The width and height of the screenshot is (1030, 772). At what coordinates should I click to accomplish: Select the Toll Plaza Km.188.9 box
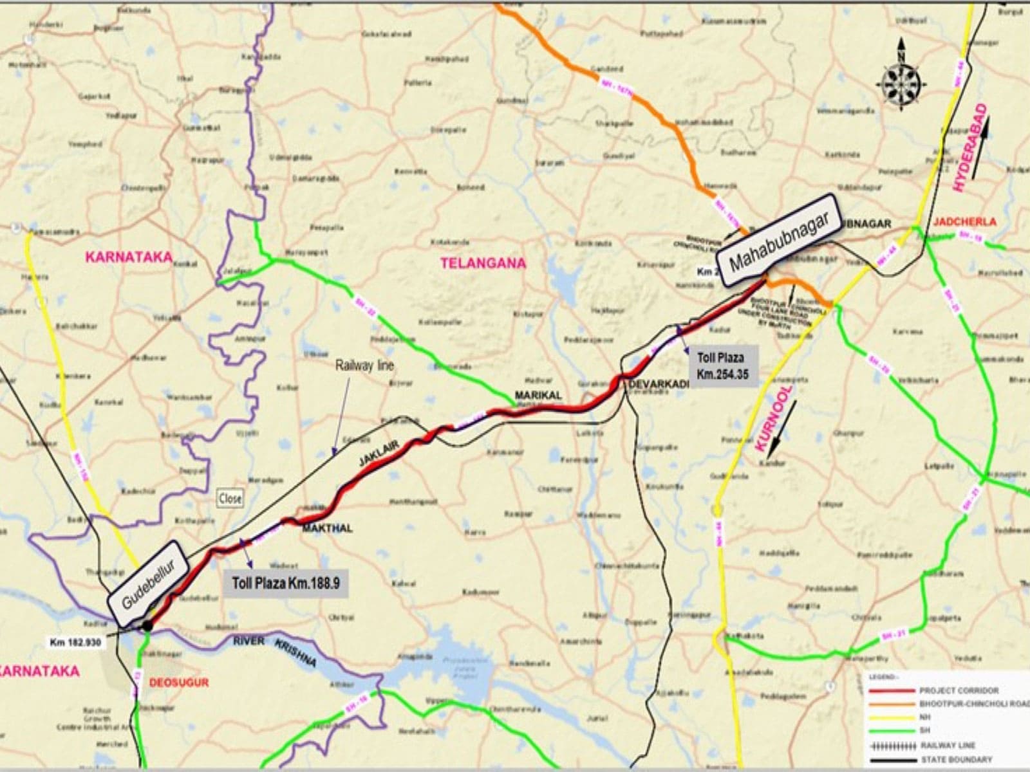[x=285, y=583]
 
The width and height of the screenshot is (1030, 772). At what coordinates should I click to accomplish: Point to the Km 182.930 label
[x=75, y=642]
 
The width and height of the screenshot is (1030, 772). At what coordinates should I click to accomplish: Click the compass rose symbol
[x=901, y=82]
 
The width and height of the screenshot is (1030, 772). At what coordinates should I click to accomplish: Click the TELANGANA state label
[x=483, y=262]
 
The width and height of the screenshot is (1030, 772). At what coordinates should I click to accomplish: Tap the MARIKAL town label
[x=538, y=394]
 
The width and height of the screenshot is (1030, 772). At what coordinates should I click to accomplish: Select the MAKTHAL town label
[x=328, y=528]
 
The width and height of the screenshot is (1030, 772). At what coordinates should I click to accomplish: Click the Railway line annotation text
[x=364, y=365]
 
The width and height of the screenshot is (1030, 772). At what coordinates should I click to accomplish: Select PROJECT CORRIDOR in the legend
[x=959, y=690]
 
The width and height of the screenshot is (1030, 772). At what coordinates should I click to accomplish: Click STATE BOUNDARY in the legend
[x=955, y=760]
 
